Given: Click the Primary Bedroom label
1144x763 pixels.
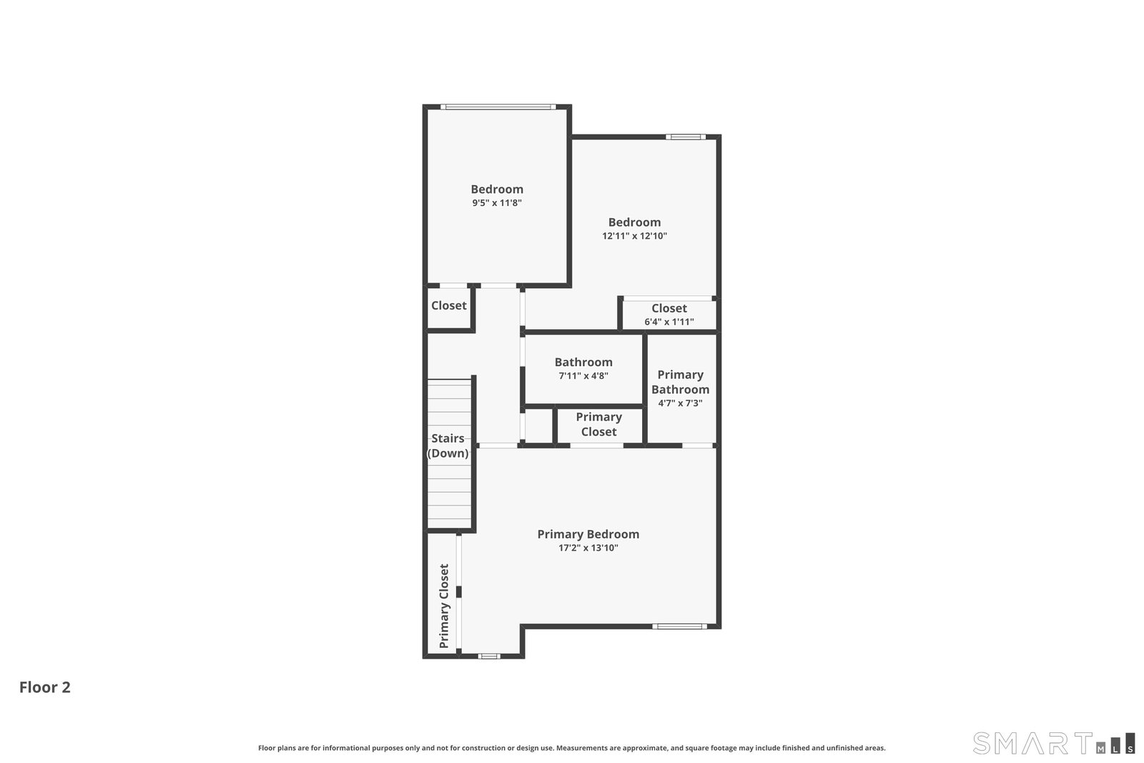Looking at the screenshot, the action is (x=588, y=534).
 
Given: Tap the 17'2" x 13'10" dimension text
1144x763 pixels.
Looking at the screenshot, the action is (x=588, y=548).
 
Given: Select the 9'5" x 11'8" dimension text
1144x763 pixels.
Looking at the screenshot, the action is (x=497, y=203).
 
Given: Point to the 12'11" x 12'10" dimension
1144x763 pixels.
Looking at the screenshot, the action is (x=634, y=236).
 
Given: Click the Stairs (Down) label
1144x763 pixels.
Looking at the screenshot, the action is (x=448, y=446).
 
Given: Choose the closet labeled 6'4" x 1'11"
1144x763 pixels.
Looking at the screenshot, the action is (x=669, y=315).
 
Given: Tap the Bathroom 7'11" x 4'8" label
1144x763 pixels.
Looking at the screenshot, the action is (x=583, y=368).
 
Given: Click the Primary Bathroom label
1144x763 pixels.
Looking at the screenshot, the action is (x=680, y=382).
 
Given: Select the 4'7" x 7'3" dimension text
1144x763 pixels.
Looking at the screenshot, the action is (x=680, y=403).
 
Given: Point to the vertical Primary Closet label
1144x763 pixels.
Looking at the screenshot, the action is (x=444, y=606).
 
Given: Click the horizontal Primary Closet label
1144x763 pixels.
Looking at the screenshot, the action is (x=598, y=424).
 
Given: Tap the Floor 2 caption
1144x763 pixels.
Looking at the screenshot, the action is (x=45, y=687).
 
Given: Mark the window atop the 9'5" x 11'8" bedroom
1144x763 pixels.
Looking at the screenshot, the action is (x=498, y=107).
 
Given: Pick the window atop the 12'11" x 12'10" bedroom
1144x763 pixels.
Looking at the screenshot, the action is (x=686, y=137).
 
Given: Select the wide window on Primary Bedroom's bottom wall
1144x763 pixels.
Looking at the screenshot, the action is (x=680, y=626).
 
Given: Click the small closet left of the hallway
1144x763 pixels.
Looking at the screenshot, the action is (x=448, y=307).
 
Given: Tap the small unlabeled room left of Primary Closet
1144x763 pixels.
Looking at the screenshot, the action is (x=538, y=425).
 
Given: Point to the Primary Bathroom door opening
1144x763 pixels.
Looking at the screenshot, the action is (x=698, y=446).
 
